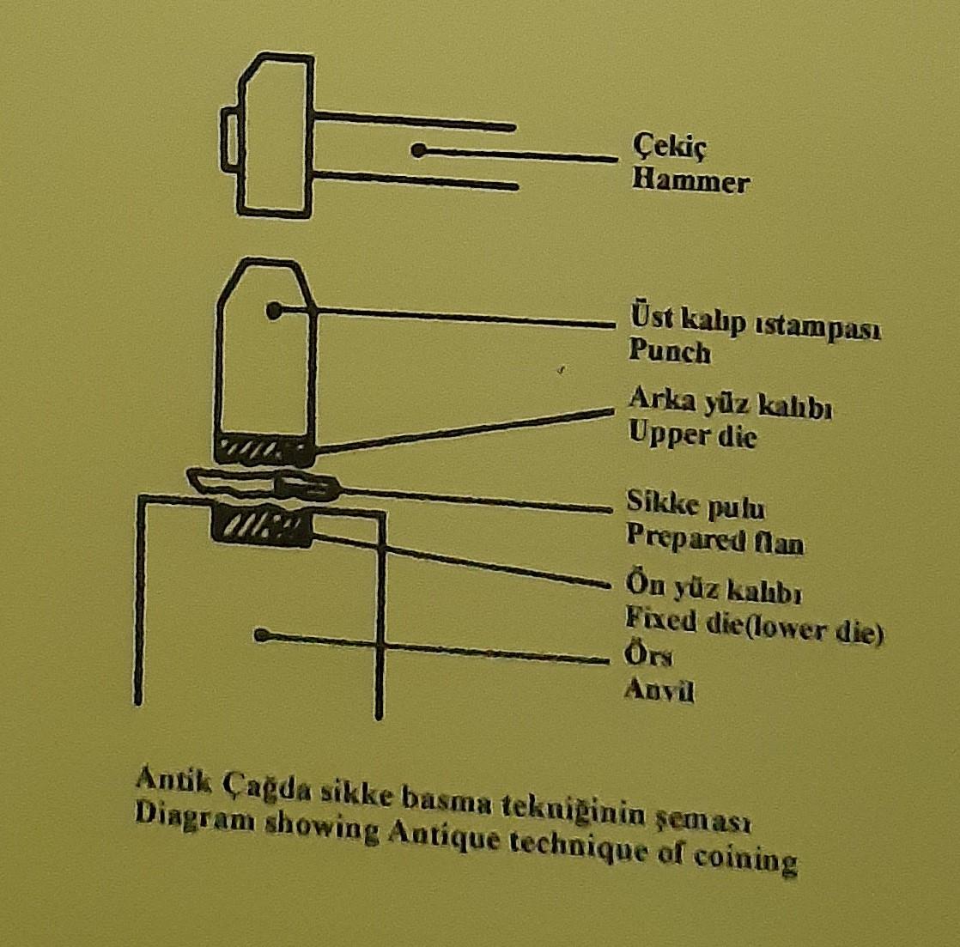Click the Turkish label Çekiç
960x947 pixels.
point(669,148)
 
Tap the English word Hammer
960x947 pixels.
point(690,182)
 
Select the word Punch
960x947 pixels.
point(670,351)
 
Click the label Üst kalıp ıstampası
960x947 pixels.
point(755,323)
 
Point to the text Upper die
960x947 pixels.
point(692,434)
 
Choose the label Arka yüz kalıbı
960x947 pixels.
point(730,404)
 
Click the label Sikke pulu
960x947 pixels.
point(696,505)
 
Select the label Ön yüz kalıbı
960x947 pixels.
point(714,587)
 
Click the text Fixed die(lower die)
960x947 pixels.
point(754,625)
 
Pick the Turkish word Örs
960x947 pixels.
point(648,654)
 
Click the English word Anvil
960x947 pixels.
point(659,690)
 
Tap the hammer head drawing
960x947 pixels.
point(268,136)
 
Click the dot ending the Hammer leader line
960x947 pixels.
point(418,150)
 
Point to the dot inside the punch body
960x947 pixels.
point(274,310)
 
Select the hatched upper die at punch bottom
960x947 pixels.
point(265,450)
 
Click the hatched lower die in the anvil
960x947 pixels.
point(262,525)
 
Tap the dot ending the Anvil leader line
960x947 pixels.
point(261,635)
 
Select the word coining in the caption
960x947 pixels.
point(745,859)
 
